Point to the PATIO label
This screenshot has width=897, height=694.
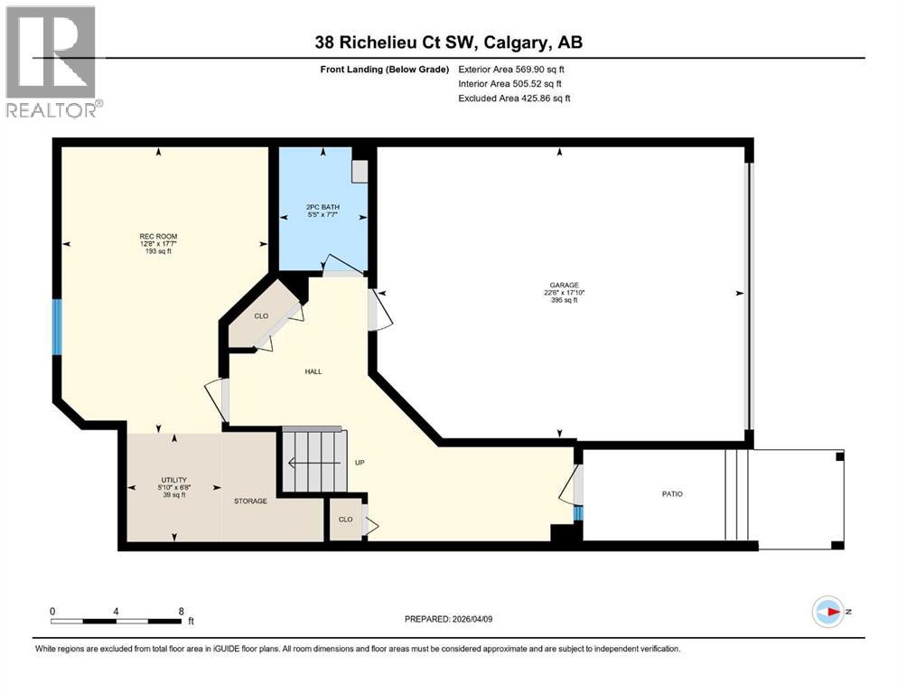(671, 494)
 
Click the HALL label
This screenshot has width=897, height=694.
(313, 371)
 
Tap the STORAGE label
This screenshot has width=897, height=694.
(250, 501)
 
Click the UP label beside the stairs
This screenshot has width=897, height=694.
(359, 463)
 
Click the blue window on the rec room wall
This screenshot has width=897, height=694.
(57, 327)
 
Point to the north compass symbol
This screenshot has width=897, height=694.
(827, 612)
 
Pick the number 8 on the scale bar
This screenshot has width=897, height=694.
(182, 611)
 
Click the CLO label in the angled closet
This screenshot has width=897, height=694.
(261, 316)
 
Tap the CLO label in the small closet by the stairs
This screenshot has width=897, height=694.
(344, 520)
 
